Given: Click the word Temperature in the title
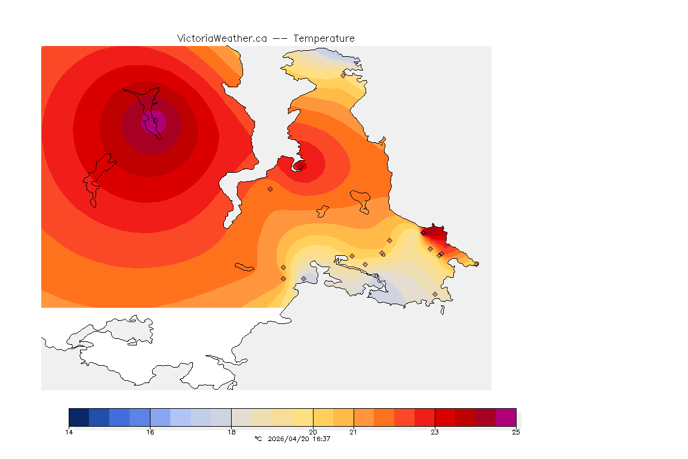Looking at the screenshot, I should (324, 38).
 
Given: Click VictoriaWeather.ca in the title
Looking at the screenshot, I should (222, 38).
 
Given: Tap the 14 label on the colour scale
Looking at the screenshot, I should (69, 432).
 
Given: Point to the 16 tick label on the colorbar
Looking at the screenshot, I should (150, 432).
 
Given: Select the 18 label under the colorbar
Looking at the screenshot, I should (232, 432).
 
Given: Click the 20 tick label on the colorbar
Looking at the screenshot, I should (313, 432).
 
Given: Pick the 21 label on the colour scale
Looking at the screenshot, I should (354, 432).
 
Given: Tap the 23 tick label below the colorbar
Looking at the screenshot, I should (435, 432).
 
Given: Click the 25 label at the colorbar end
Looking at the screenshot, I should (515, 432).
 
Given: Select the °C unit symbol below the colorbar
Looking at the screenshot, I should (258, 439).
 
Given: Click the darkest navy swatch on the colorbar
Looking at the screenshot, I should (79, 417).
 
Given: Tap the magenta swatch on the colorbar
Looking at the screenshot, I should (506, 417).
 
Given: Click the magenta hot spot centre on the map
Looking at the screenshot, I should (154, 122).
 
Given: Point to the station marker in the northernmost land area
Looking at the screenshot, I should (343, 75).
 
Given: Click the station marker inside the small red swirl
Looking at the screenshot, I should (301, 167).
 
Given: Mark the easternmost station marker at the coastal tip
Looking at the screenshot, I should (476, 264).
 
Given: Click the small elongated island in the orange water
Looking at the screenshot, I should (245, 267).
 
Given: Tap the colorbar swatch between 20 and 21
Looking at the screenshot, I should (333, 417).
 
